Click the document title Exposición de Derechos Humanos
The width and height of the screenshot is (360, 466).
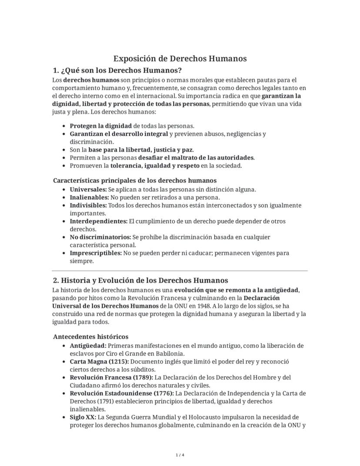(x=180, y=58)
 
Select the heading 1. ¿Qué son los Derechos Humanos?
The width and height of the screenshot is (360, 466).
(x=117, y=70)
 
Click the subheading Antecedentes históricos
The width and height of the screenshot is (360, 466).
(x=90, y=336)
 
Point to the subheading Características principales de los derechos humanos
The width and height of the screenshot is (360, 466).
(x=135, y=180)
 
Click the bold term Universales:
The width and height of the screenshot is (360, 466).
(x=88, y=189)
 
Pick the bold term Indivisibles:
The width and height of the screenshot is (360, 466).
(x=88, y=205)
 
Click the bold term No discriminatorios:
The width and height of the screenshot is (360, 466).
(x=100, y=237)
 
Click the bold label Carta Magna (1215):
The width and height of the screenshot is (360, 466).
(x=99, y=362)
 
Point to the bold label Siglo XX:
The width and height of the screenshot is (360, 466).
(x=83, y=417)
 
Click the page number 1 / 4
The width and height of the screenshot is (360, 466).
(x=180, y=455)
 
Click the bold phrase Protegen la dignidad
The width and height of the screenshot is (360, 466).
(x=101, y=126)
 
